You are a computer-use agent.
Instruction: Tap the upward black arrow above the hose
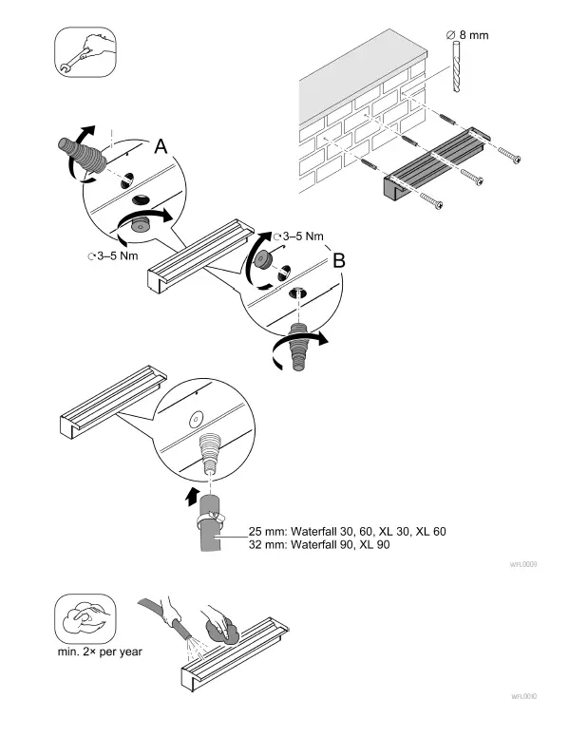click(x=191, y=494)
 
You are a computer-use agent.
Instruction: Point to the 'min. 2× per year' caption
click(x=100, y=652)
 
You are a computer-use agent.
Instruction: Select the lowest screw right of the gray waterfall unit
click(x=427, y=200)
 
